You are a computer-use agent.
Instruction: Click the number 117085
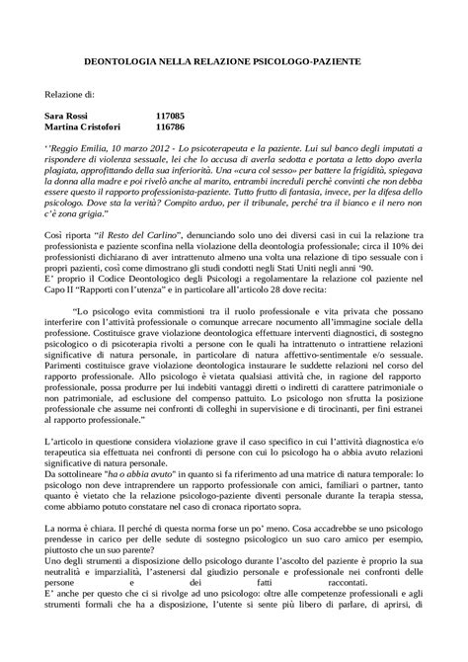click(x=171, y=116)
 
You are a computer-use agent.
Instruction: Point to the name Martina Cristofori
click(x=85, y=127)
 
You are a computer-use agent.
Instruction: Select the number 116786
click(x=171, y=127)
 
